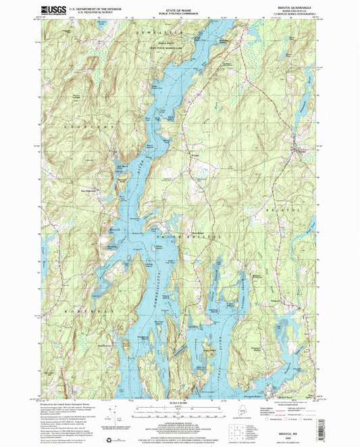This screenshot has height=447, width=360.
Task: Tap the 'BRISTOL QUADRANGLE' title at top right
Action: point(295,6)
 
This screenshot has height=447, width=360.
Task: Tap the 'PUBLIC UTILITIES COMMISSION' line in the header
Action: point(180,13)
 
